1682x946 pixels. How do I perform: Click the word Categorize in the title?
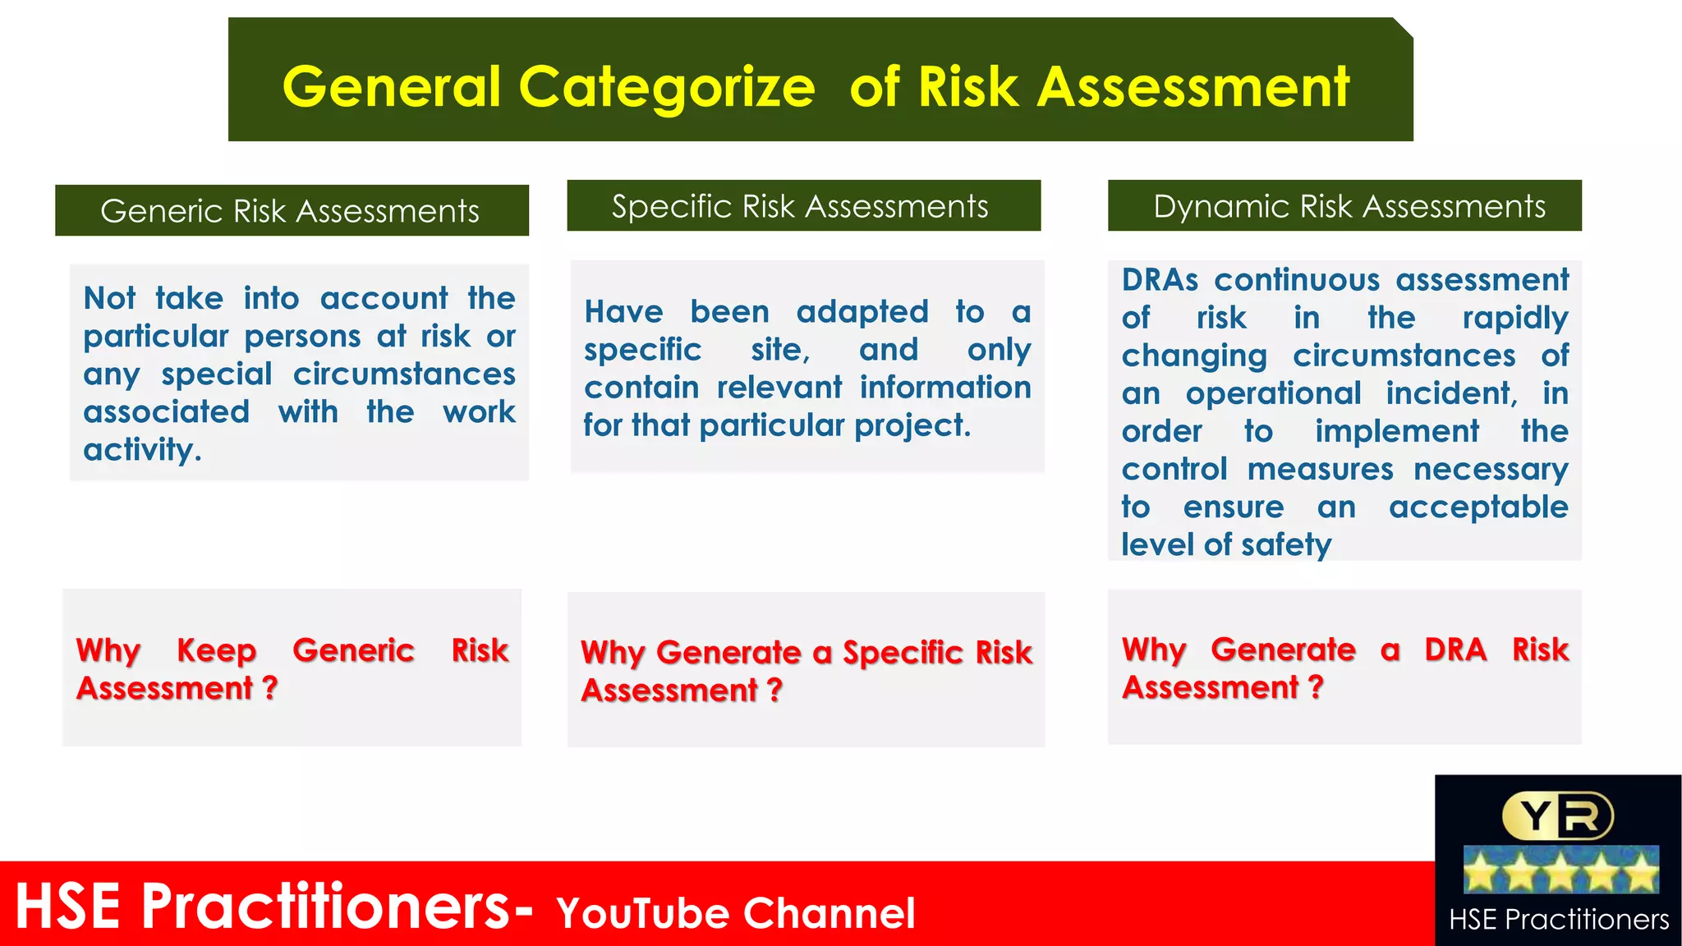point(666,87)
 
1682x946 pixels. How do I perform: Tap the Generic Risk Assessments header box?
point(292,210)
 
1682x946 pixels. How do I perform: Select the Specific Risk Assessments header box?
point(803,205)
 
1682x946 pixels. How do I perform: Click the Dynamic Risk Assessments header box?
point(1344,205)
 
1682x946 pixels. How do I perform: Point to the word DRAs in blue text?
point(1160,280)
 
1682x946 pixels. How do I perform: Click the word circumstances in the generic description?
point(404,374)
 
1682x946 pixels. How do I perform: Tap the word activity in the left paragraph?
point(141,450)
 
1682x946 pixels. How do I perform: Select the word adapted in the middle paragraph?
point(862,312)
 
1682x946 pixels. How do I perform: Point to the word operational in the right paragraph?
point(1273,394)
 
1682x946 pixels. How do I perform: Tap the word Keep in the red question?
point(216,650)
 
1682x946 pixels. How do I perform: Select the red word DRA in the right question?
point(1455,650)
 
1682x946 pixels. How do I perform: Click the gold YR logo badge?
point(1557,815)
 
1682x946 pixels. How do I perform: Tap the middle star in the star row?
point(1560,870)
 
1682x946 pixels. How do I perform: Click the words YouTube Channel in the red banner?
point(735,913)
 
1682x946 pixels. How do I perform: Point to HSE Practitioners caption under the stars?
point(1558,919)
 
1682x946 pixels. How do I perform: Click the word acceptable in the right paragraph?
point(1478,507)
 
